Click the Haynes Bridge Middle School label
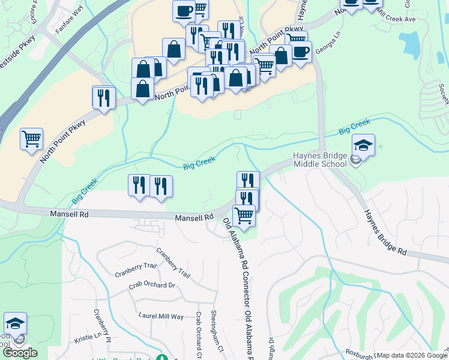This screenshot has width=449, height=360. [320, 160]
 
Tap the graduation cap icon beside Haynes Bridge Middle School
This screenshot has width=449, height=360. [363, 145]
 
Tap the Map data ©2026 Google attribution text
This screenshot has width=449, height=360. [412, 355]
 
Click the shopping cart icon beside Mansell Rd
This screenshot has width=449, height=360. [244, 215]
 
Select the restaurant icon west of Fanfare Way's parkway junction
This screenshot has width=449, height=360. [103, 97]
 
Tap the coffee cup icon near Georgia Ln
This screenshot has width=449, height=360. [300, 52]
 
